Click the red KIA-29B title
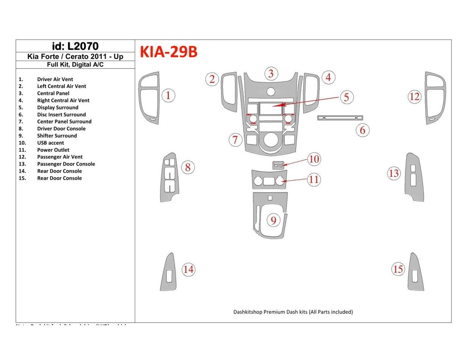169,52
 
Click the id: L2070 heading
75,46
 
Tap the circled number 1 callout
168,96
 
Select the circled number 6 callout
362,130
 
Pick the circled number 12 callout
415,97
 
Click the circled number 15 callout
398,269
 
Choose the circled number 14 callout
189,270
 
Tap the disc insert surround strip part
340,118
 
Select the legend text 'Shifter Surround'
57,136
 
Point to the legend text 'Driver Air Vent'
55,79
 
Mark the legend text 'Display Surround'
58,108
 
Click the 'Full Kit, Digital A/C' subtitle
75,64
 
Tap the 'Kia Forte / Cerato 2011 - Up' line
75,57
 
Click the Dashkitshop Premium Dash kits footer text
293,312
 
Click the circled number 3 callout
271,74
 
